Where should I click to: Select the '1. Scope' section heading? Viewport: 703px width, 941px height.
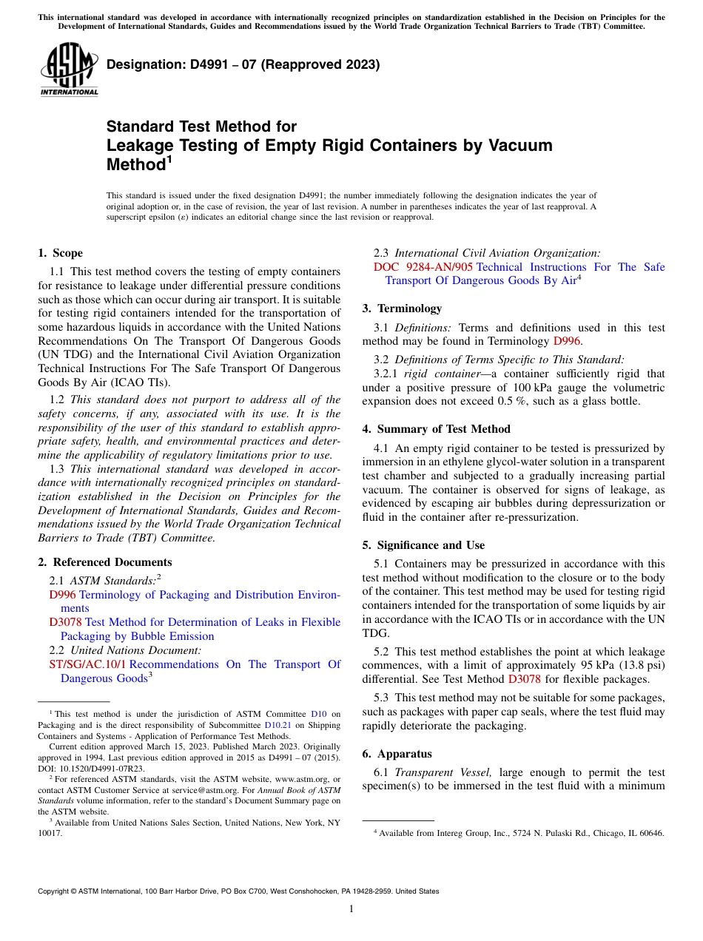pyautogui.click(x=61, y=253)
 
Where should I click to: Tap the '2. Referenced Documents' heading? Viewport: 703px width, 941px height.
pyautogui.click(x=105, y=562)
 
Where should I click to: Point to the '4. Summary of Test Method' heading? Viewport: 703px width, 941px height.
pyautogui.click(x=436, y=429)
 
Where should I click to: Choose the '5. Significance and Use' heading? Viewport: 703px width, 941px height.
pyautogui.click(x=423, y=545)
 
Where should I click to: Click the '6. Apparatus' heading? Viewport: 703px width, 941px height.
pyautogui.click(x=397, y=754)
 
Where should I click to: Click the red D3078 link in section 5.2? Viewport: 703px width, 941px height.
pyautogui.click(x=522, y=679)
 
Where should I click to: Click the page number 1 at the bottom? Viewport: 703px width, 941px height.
pyautogui.click(x=351, y=908)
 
